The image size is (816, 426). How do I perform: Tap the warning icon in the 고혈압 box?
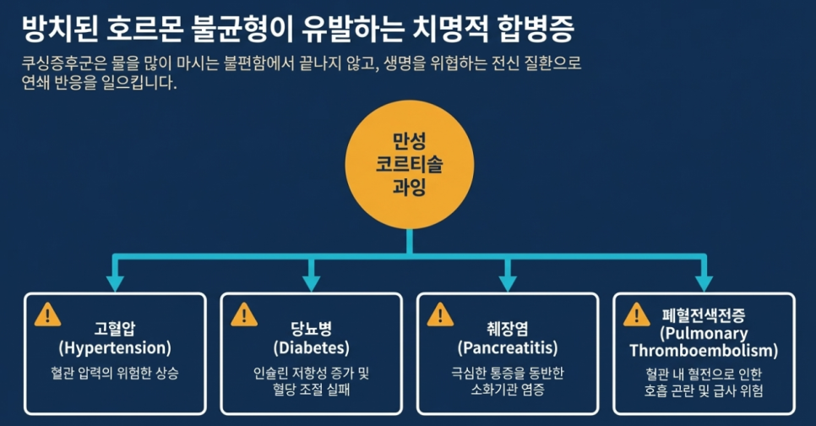[x=47, y=314]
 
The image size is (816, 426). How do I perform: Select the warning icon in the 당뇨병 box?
[x=243, y=314]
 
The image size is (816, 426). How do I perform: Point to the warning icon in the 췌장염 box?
[x=440, y=314]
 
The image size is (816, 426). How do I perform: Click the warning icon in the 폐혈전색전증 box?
[x=636, y=314]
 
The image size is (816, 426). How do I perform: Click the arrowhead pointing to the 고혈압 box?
[x=115, y=282]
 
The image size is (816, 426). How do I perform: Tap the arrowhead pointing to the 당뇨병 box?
[x=311, y=282]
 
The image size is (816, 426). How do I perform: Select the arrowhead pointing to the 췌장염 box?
[x=508, y=282]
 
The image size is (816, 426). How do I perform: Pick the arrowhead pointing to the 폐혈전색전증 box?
[x=704, y=282]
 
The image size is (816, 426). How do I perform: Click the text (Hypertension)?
[x=115, y=347]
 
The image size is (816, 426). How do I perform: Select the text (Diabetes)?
[x=311, y=347]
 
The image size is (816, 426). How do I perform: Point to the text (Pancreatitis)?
[x=508, y=347]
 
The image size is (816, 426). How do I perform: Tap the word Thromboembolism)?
[x=704, y=350]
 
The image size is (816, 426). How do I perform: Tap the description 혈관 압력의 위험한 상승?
[x=115, y=372]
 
